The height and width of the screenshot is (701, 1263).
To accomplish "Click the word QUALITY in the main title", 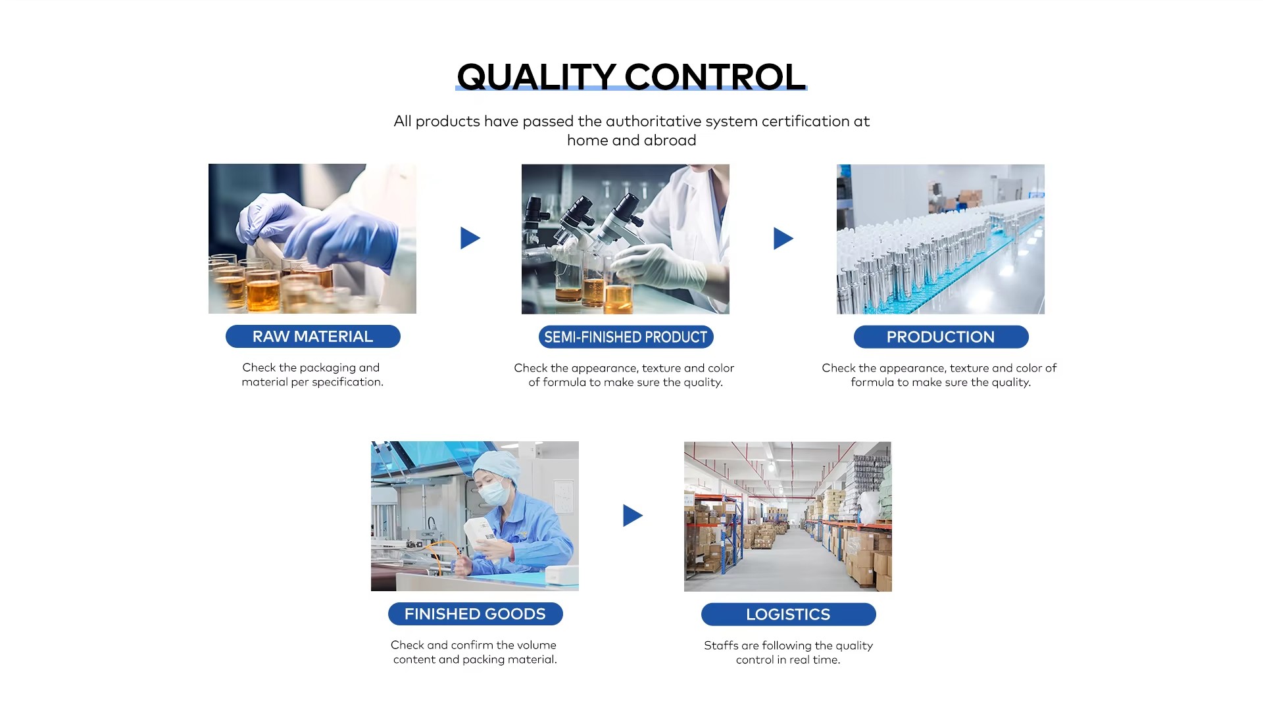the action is coord(536,77).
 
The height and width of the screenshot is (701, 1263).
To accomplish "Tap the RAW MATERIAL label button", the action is coord(313,336).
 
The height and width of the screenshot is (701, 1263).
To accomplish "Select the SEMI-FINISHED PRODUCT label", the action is coord(626,337).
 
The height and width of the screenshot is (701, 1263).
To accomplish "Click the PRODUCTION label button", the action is coord(941,337).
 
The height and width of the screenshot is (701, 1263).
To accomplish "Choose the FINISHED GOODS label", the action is coord(475,614).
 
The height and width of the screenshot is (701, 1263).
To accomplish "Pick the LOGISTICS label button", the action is coord(788,614).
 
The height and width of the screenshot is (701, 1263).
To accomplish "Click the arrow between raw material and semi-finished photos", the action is coord(470,238).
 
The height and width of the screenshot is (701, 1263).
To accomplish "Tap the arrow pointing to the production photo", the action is coord(783,238).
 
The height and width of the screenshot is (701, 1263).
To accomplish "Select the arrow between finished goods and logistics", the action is coord(632,516).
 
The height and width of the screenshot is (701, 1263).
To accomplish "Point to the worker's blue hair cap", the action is coord(497,464).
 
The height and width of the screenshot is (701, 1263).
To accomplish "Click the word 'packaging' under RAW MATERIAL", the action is coord(328,368).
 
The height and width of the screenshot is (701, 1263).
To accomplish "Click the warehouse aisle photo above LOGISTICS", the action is coord(788,516).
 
